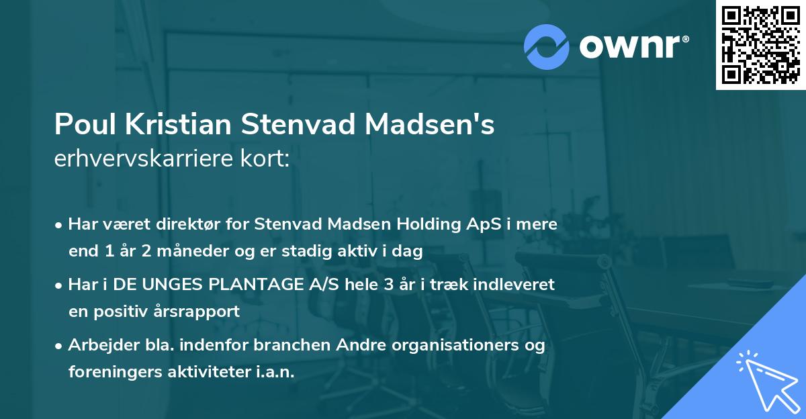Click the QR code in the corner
click(x=761, y=45)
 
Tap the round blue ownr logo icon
click(x=546, y=47)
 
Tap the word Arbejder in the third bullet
click(x=97, y=345)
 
